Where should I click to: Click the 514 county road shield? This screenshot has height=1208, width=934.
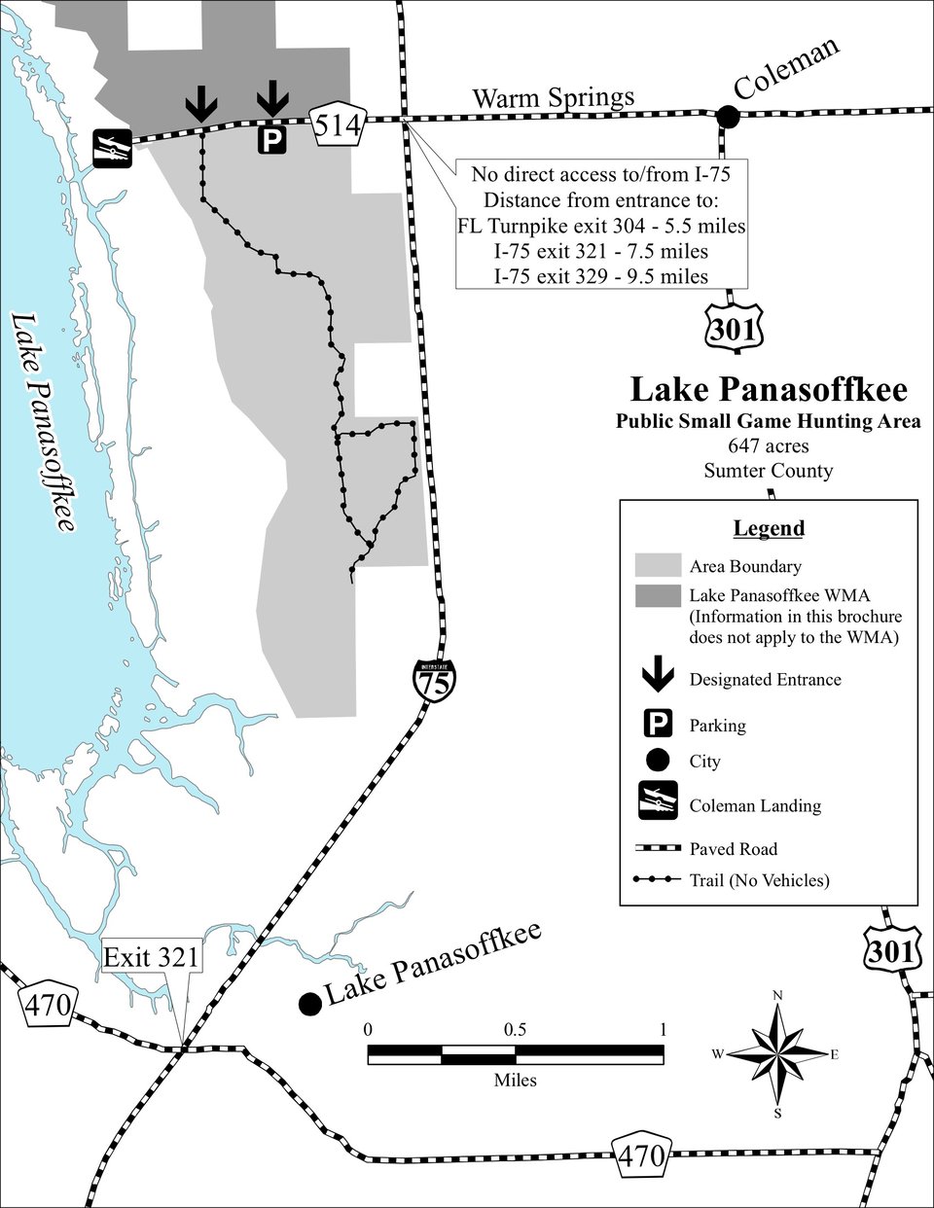click(339, 124)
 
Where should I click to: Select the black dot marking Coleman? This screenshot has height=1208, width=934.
click(728, 117)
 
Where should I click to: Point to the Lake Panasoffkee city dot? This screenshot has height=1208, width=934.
click(310, 1004)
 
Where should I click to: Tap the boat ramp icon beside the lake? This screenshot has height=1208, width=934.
click(113, 149)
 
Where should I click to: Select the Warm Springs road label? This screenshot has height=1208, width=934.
click(554, 98)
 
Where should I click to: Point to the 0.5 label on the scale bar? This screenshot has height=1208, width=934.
click(515, 1030)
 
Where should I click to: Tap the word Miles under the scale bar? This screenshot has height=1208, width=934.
click(516, 1081)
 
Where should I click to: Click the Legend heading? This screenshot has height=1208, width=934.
click(769, 528)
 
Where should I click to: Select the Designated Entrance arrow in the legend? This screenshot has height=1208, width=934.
click(659, 674)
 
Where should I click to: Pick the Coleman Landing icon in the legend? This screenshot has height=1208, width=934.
click(659, 799)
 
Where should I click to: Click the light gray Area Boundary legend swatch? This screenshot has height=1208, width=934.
click(659, 565)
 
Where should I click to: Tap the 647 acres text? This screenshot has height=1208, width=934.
click(769, 445)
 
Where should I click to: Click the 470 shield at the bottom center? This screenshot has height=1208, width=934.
click(641, 1156)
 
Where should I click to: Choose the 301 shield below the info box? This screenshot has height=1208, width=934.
click(735, 329)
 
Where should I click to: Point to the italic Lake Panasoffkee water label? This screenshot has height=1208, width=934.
click(44, 422)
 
